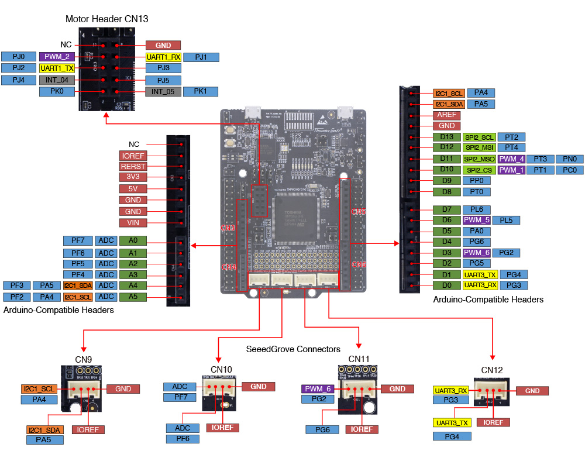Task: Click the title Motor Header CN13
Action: coord(106,19)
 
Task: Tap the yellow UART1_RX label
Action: coord(164,57)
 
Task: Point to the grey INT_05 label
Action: coord(163,91)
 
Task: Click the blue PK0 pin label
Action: coord(57,91)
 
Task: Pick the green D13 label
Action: coord(447,137)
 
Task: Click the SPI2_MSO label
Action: coord(479,159)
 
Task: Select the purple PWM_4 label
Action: coord(511,159)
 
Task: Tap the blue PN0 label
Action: coord(569,159)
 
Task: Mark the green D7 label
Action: coord(447,209)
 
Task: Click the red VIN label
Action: coord(133,223)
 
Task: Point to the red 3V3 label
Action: coord(133,177)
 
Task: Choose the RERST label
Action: coord(133,166)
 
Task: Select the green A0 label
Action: coord(133,240)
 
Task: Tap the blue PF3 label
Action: coord(17,285)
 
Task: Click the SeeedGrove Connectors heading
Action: coord(294,349)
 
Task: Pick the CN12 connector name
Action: coord(492,370)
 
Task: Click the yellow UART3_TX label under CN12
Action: coord(452,422)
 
